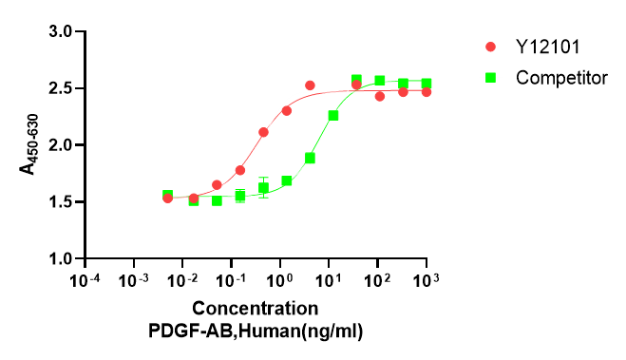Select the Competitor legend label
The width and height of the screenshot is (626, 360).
point(561,77)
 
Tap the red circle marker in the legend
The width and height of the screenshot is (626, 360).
point(491,47)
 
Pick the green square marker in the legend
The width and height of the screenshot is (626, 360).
point(491,77)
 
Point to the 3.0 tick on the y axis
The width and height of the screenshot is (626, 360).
point(62,31)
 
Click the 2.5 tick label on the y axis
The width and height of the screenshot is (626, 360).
point(62,88)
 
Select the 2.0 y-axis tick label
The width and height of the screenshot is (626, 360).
point(62,145)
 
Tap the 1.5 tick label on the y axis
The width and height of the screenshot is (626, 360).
point(62,201)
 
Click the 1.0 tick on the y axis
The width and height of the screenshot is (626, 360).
point(62,258)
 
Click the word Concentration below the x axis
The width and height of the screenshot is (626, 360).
point(256,309)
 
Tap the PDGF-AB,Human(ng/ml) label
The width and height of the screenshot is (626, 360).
point(256,330)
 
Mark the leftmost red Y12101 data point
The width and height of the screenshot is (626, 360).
point(167,198)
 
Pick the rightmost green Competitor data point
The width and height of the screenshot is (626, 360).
point(427,84)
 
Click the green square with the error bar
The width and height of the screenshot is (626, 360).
point(263,187)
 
